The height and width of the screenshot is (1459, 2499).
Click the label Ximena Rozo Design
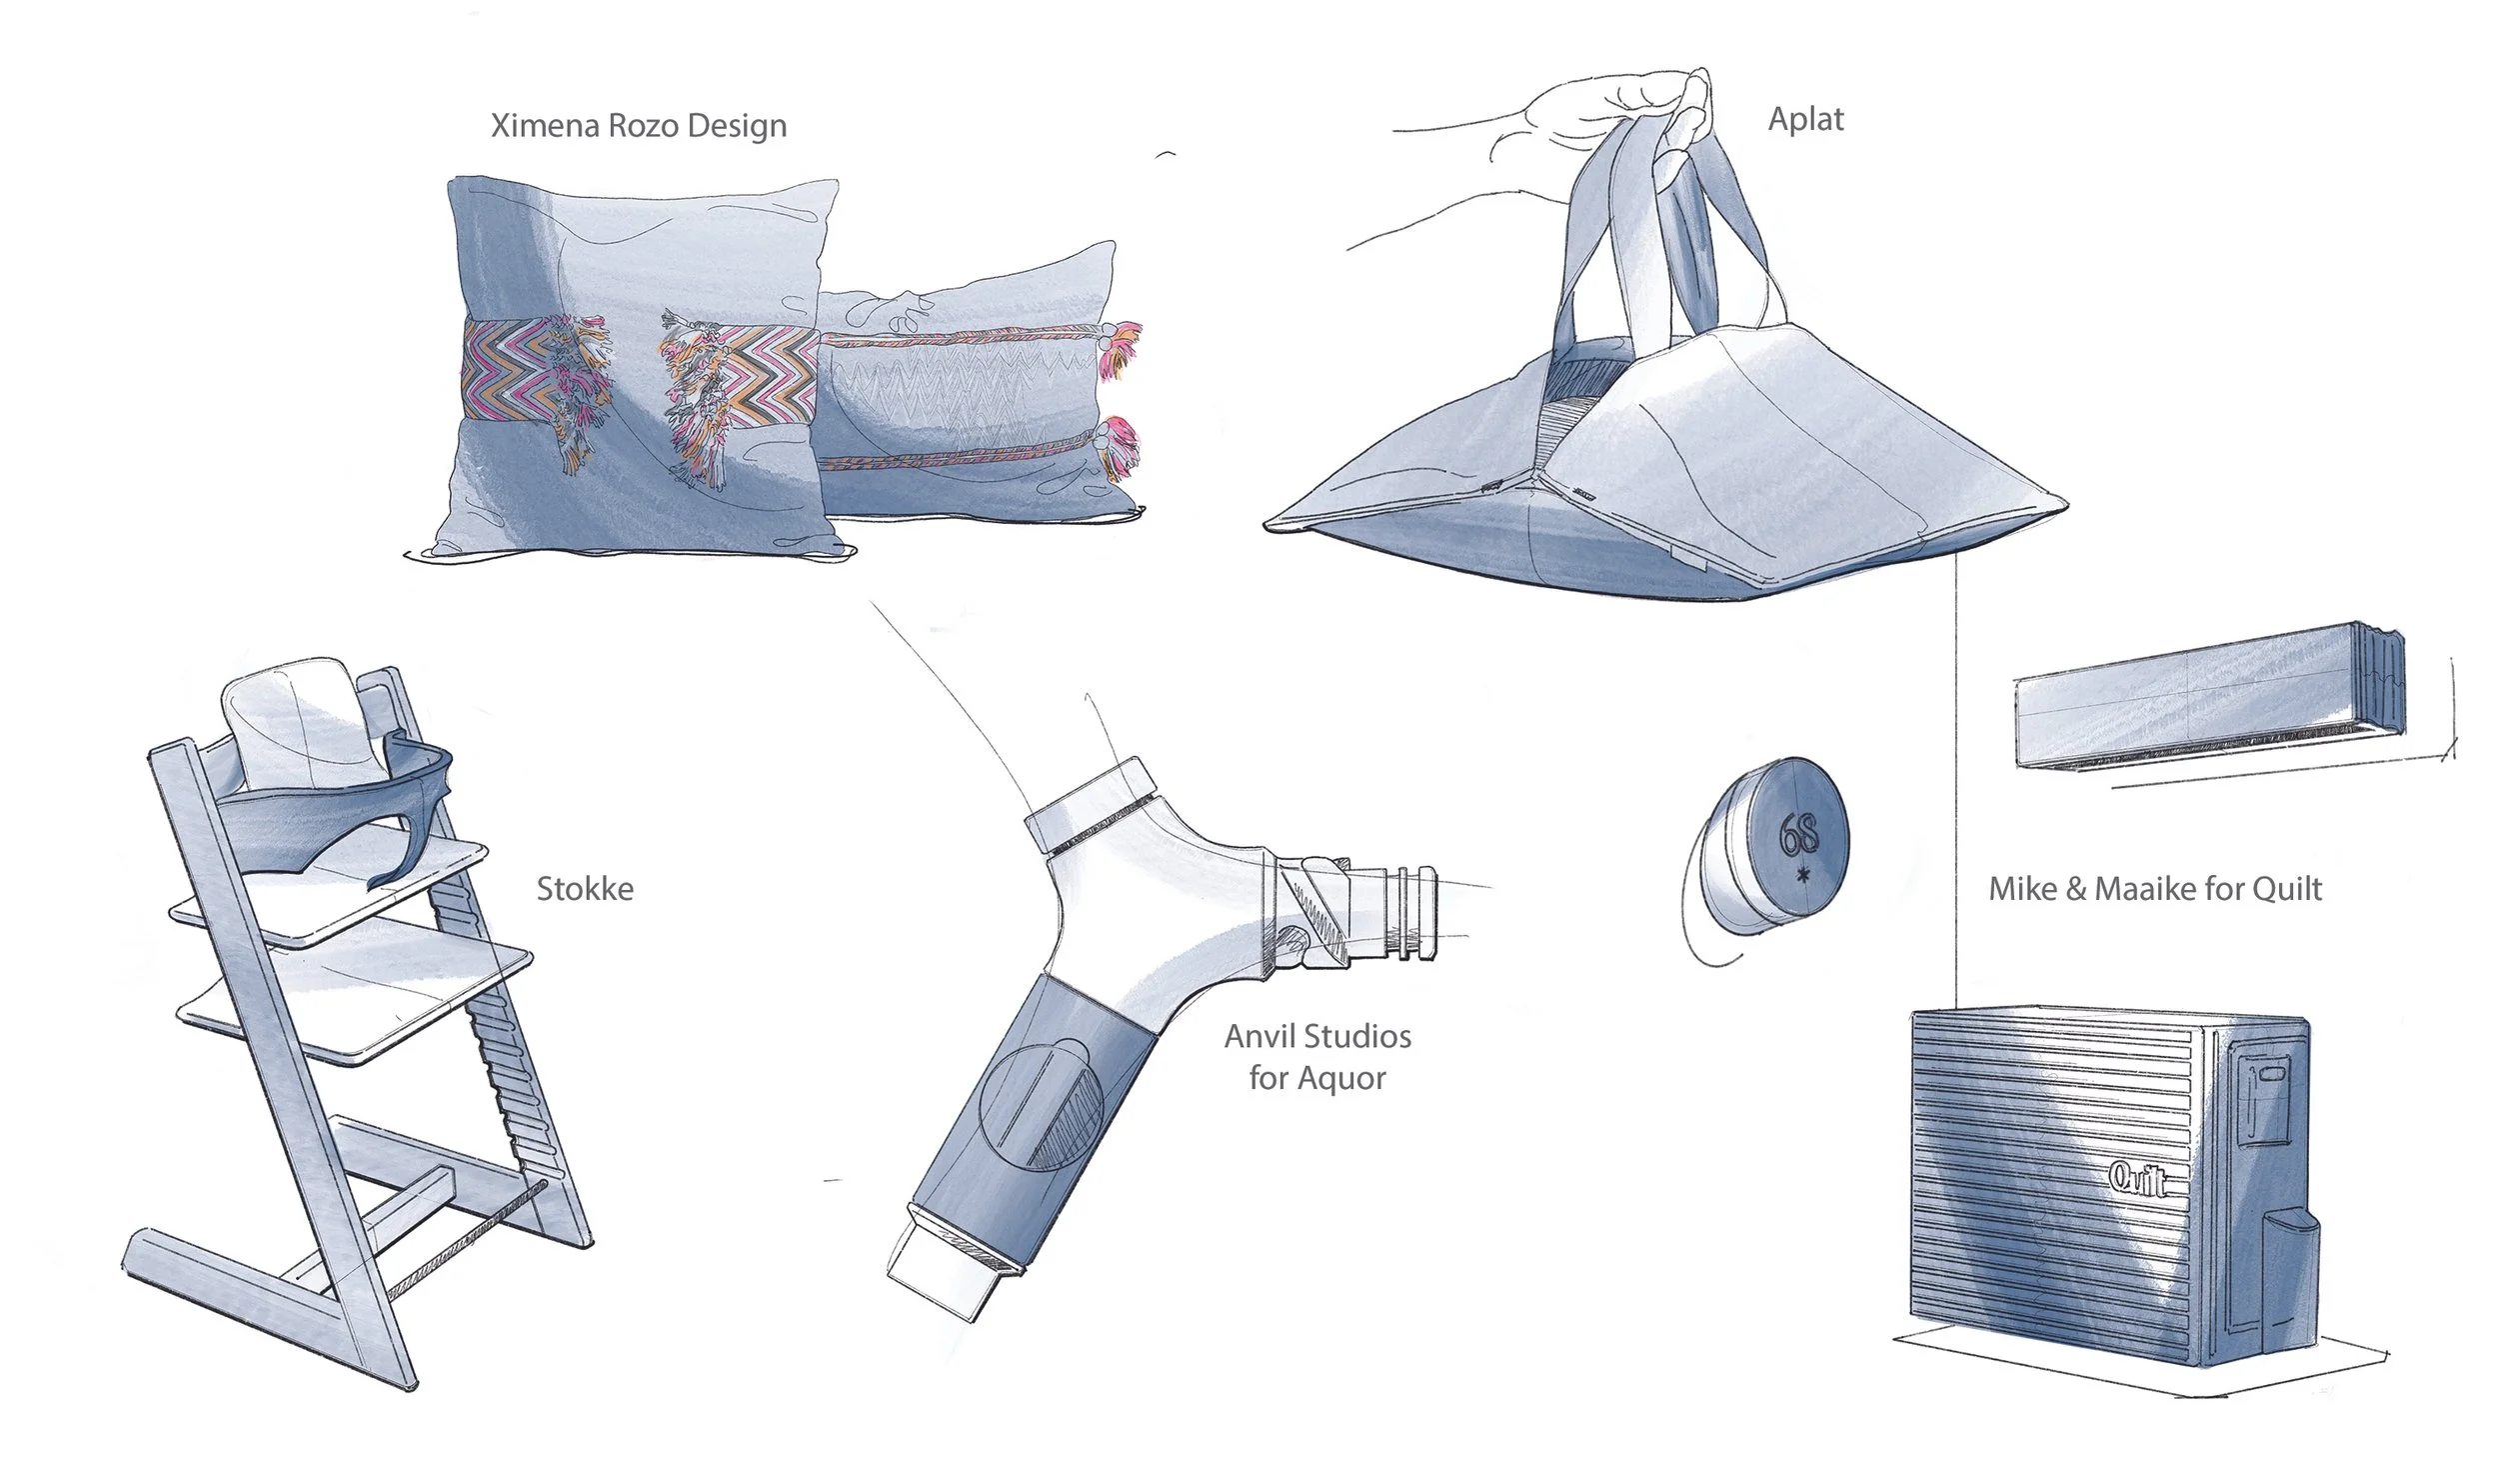click(638, 126)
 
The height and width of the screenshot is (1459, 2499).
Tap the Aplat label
click(1805, 119)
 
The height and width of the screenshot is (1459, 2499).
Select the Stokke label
click(585, 889)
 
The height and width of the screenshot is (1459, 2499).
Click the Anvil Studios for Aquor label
click(1317, 1057)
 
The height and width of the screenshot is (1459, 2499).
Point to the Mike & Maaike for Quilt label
click(2154, 889)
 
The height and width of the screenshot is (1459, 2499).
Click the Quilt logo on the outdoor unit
click(2138, 1178)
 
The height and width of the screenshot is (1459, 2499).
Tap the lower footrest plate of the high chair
click(355, 1000)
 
